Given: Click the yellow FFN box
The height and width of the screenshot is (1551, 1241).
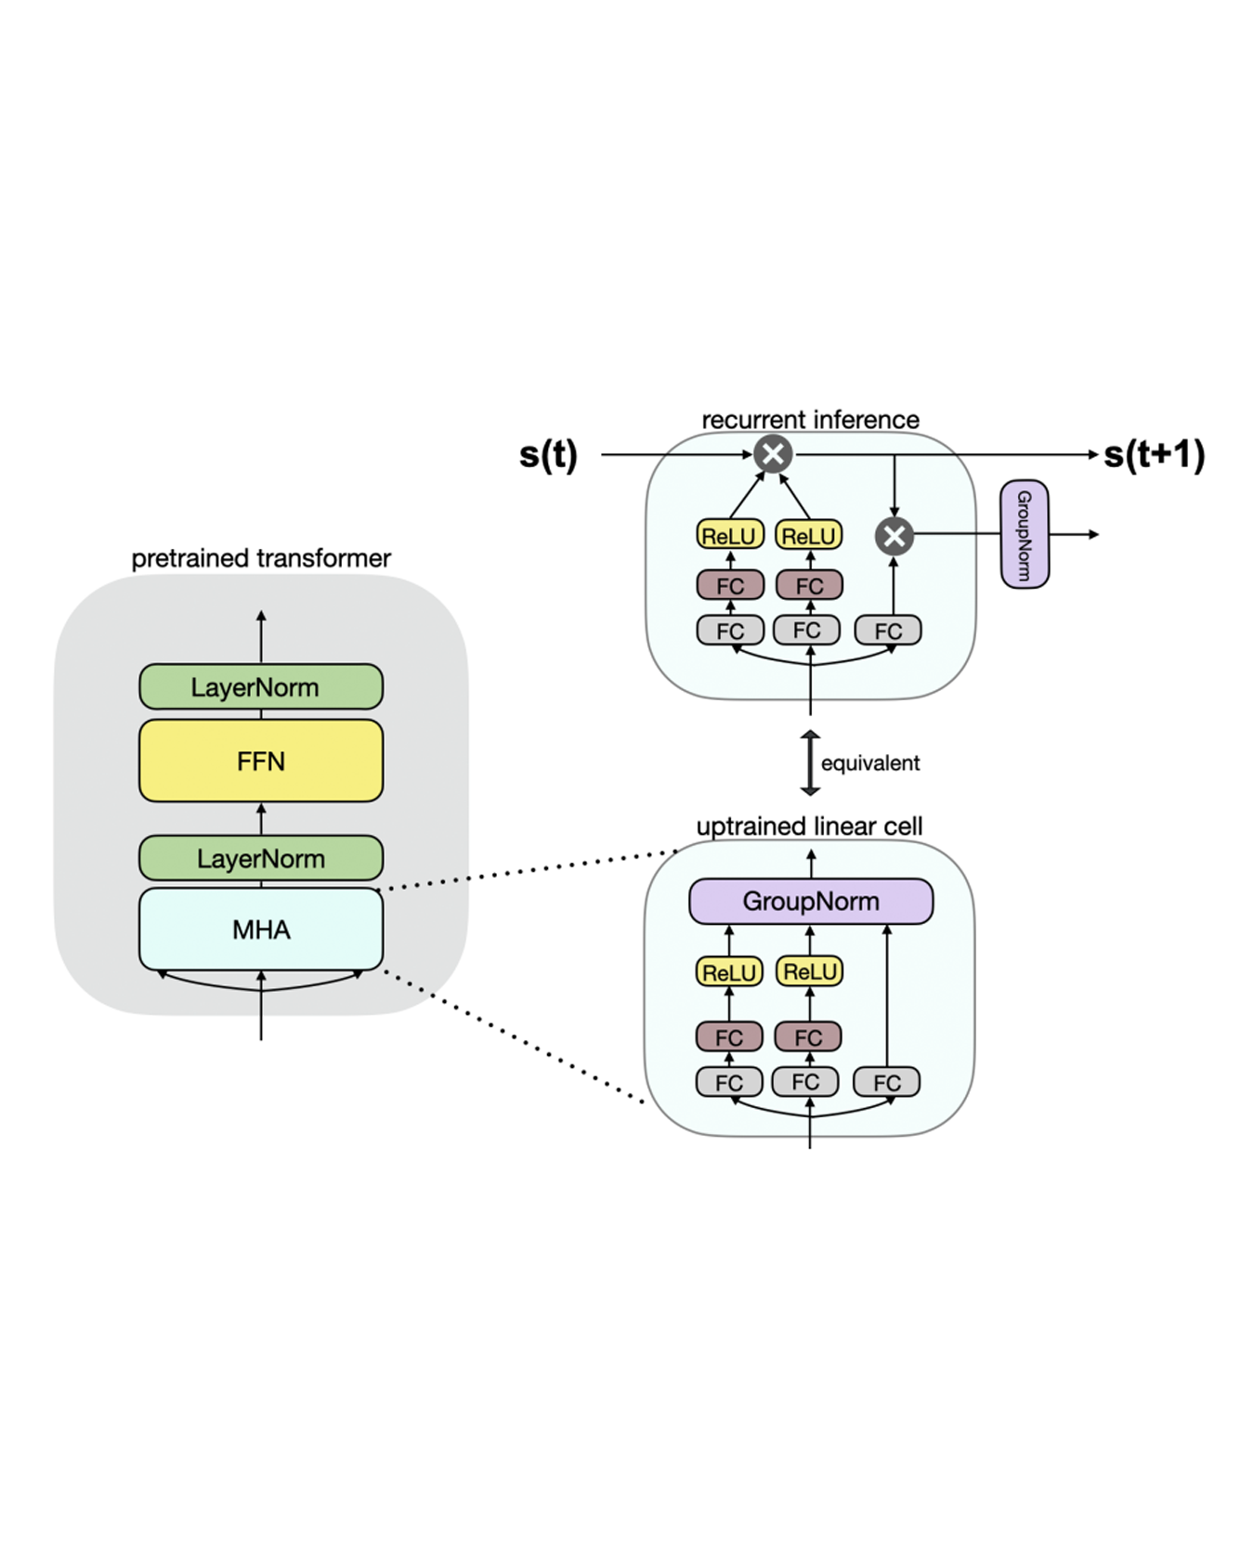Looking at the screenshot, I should pos(261,761).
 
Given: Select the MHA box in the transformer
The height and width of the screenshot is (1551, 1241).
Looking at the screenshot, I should pos(261,929).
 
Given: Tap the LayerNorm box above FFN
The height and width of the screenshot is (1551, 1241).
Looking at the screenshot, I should pos(261,687).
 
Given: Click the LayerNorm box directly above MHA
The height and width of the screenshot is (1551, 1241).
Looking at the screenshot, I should pos(261,858).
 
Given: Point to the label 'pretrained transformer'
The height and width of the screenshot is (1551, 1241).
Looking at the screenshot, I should pos(261,558).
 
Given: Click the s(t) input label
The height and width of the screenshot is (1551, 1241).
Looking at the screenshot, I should pos(548,455).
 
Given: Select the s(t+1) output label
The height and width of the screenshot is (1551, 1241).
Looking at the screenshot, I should pos(1154,455).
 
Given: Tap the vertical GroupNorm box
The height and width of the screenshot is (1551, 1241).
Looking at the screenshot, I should pos(1025,534).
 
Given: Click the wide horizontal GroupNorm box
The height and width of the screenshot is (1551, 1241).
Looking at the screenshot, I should pos(811,901).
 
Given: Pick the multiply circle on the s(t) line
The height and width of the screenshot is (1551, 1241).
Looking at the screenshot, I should pos(773,454).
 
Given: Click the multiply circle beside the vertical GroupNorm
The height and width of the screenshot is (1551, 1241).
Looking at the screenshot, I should pos(895,536).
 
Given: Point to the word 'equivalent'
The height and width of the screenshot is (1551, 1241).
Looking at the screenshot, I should pos(869,763).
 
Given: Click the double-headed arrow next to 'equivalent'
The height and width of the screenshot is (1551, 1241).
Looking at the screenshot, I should pos(810,763).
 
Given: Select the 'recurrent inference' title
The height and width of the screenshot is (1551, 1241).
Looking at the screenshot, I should pos(810,420).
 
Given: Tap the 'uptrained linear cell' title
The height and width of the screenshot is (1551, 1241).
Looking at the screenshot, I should pos(809,827).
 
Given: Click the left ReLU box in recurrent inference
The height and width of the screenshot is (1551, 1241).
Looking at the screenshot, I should pos(730,535).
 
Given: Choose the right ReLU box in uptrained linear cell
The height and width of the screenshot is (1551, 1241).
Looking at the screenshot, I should pos(809,971).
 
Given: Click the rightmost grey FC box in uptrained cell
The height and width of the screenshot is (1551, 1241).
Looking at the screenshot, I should pos(887,1082).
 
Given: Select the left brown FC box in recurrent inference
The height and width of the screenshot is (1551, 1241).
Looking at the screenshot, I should pos(730,585).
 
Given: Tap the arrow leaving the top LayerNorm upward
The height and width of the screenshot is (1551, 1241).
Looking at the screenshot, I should pos(261,636).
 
